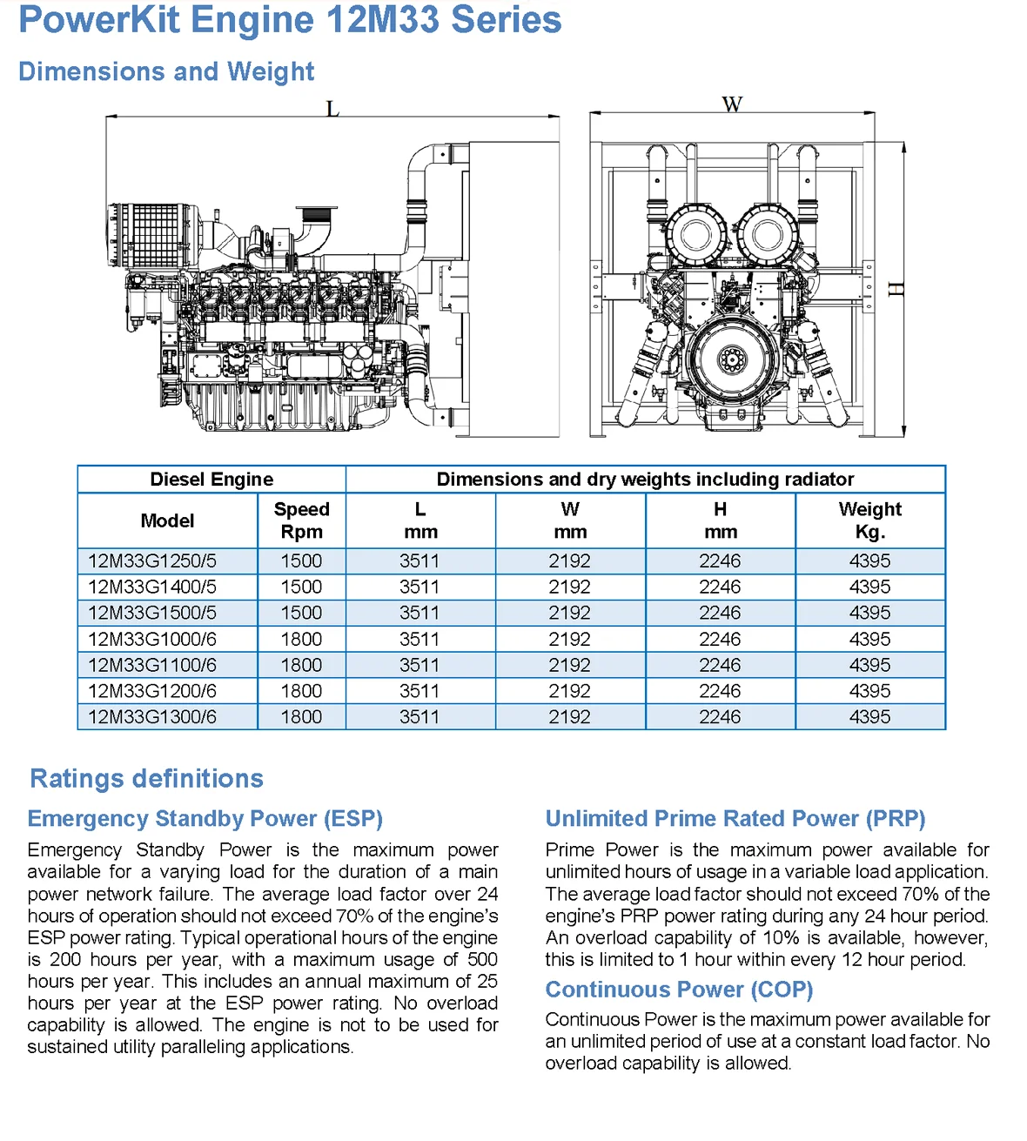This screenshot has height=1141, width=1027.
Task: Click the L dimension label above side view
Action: click(332, 109)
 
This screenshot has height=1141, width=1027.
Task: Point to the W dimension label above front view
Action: click(732, 104)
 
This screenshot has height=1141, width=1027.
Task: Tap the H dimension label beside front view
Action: click(896, 289)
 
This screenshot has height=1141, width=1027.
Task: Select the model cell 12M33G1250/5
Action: click(152, 561)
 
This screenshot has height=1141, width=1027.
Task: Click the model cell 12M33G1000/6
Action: click(152, 640)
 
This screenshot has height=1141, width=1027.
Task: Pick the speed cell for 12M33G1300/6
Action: click(301, 717)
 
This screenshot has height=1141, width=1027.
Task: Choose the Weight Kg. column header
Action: click(869, 520)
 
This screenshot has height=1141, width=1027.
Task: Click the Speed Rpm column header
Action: click(301, 520)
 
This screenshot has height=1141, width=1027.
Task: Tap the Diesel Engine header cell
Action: click(211, 480)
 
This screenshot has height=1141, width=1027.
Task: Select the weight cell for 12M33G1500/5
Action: click(869, 614)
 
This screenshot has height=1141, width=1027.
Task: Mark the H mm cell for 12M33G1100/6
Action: click(720, 666)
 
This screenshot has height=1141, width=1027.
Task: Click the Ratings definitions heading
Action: click(146, 778)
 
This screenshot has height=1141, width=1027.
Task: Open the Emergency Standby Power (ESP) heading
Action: click(205, 819)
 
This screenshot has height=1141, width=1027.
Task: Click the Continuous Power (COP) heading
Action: click(679, 990)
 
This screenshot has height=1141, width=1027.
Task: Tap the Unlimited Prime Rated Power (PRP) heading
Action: click(735, 819)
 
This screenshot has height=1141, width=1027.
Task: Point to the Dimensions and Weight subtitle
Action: click(166, 71)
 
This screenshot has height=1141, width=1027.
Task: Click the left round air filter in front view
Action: click(695, 234)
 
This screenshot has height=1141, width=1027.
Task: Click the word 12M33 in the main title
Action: click(382, 20)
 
